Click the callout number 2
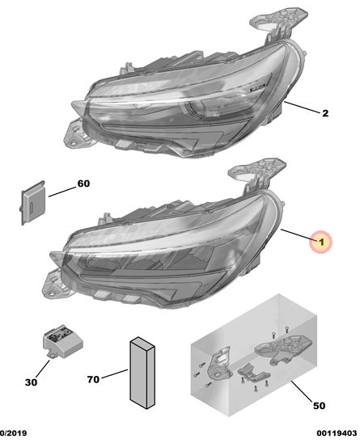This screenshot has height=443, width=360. [325, 113]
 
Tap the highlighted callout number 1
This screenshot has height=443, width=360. [320, 242]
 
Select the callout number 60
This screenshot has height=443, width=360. [83, 184]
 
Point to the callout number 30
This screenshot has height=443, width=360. [31, 382]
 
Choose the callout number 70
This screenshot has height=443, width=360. [93, 379]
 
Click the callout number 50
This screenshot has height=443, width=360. [319, 406]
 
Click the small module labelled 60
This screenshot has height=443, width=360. [33, 203]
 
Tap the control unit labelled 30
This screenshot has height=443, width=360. [63, 342]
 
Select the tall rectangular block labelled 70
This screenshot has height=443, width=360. [142, 373]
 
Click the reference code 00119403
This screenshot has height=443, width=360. [337, 433]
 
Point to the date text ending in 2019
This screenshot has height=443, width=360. [14, 433]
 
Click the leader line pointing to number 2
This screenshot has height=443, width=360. [302, 107]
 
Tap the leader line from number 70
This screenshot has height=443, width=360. [115, 373]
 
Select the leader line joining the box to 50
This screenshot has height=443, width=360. [302, 391]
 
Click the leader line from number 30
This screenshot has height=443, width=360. [43, 369]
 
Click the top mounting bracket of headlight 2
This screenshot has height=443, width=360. [278, 23]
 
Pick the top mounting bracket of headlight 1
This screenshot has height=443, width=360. [257, 173]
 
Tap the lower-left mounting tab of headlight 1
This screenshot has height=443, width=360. [56, 285]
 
